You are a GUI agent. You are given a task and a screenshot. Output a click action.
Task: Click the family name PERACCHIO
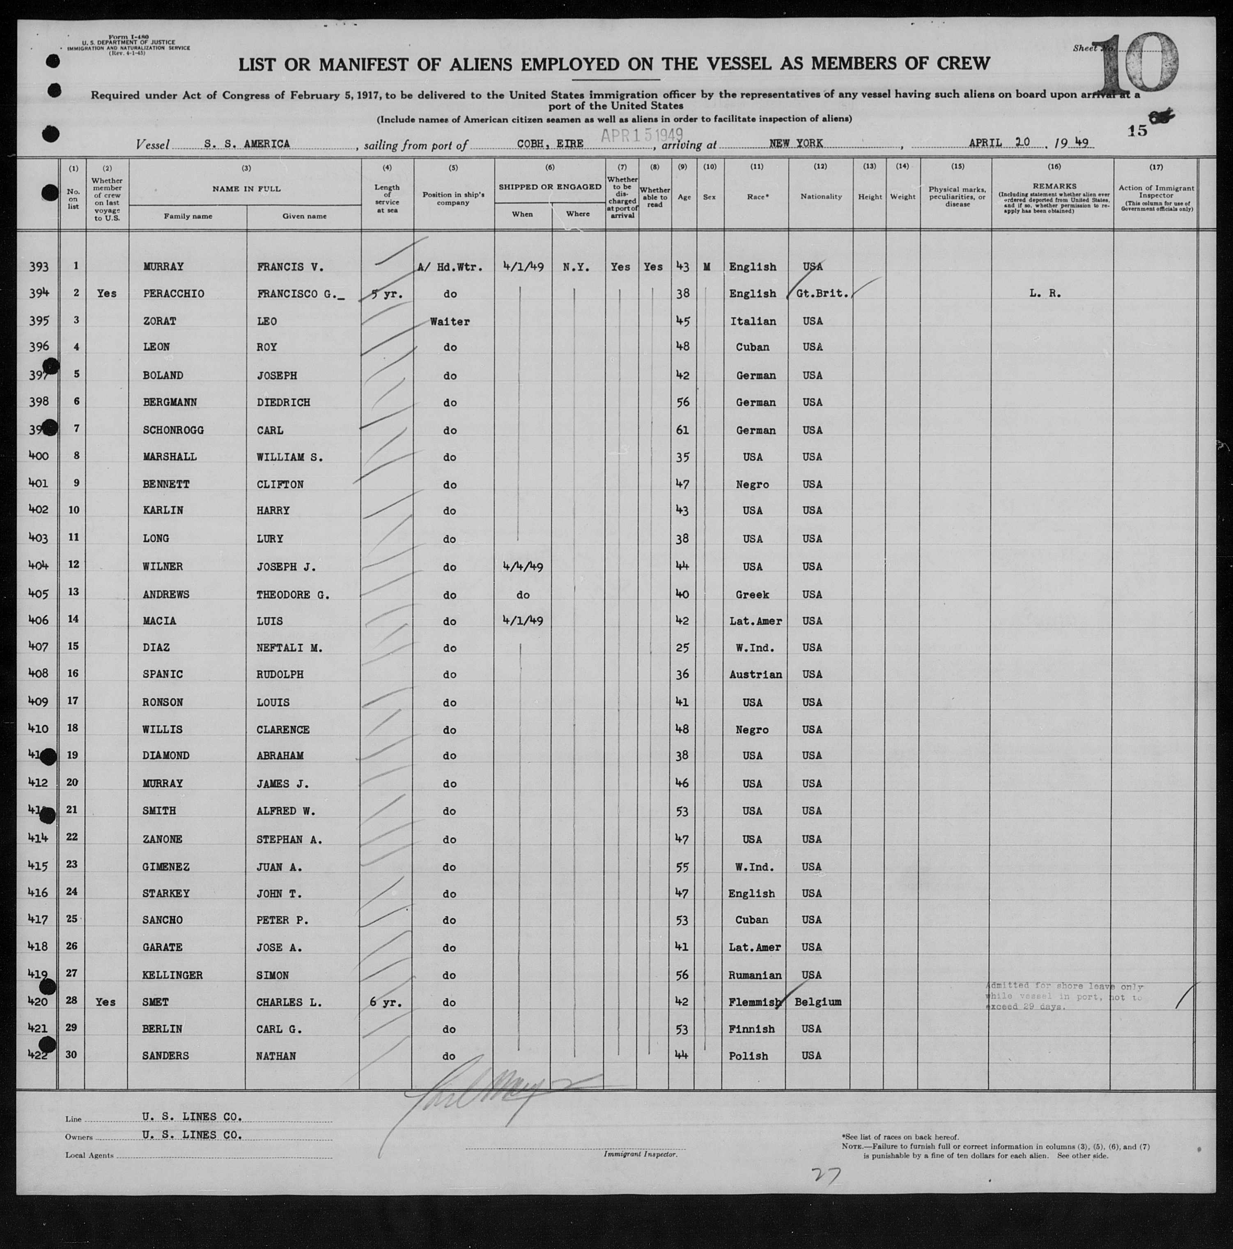(x=174, y=293)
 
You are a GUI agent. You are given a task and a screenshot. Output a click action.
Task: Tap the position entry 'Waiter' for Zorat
(x=450, y=321)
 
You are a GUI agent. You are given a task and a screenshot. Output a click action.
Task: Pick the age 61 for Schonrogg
(x=681, y=430)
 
